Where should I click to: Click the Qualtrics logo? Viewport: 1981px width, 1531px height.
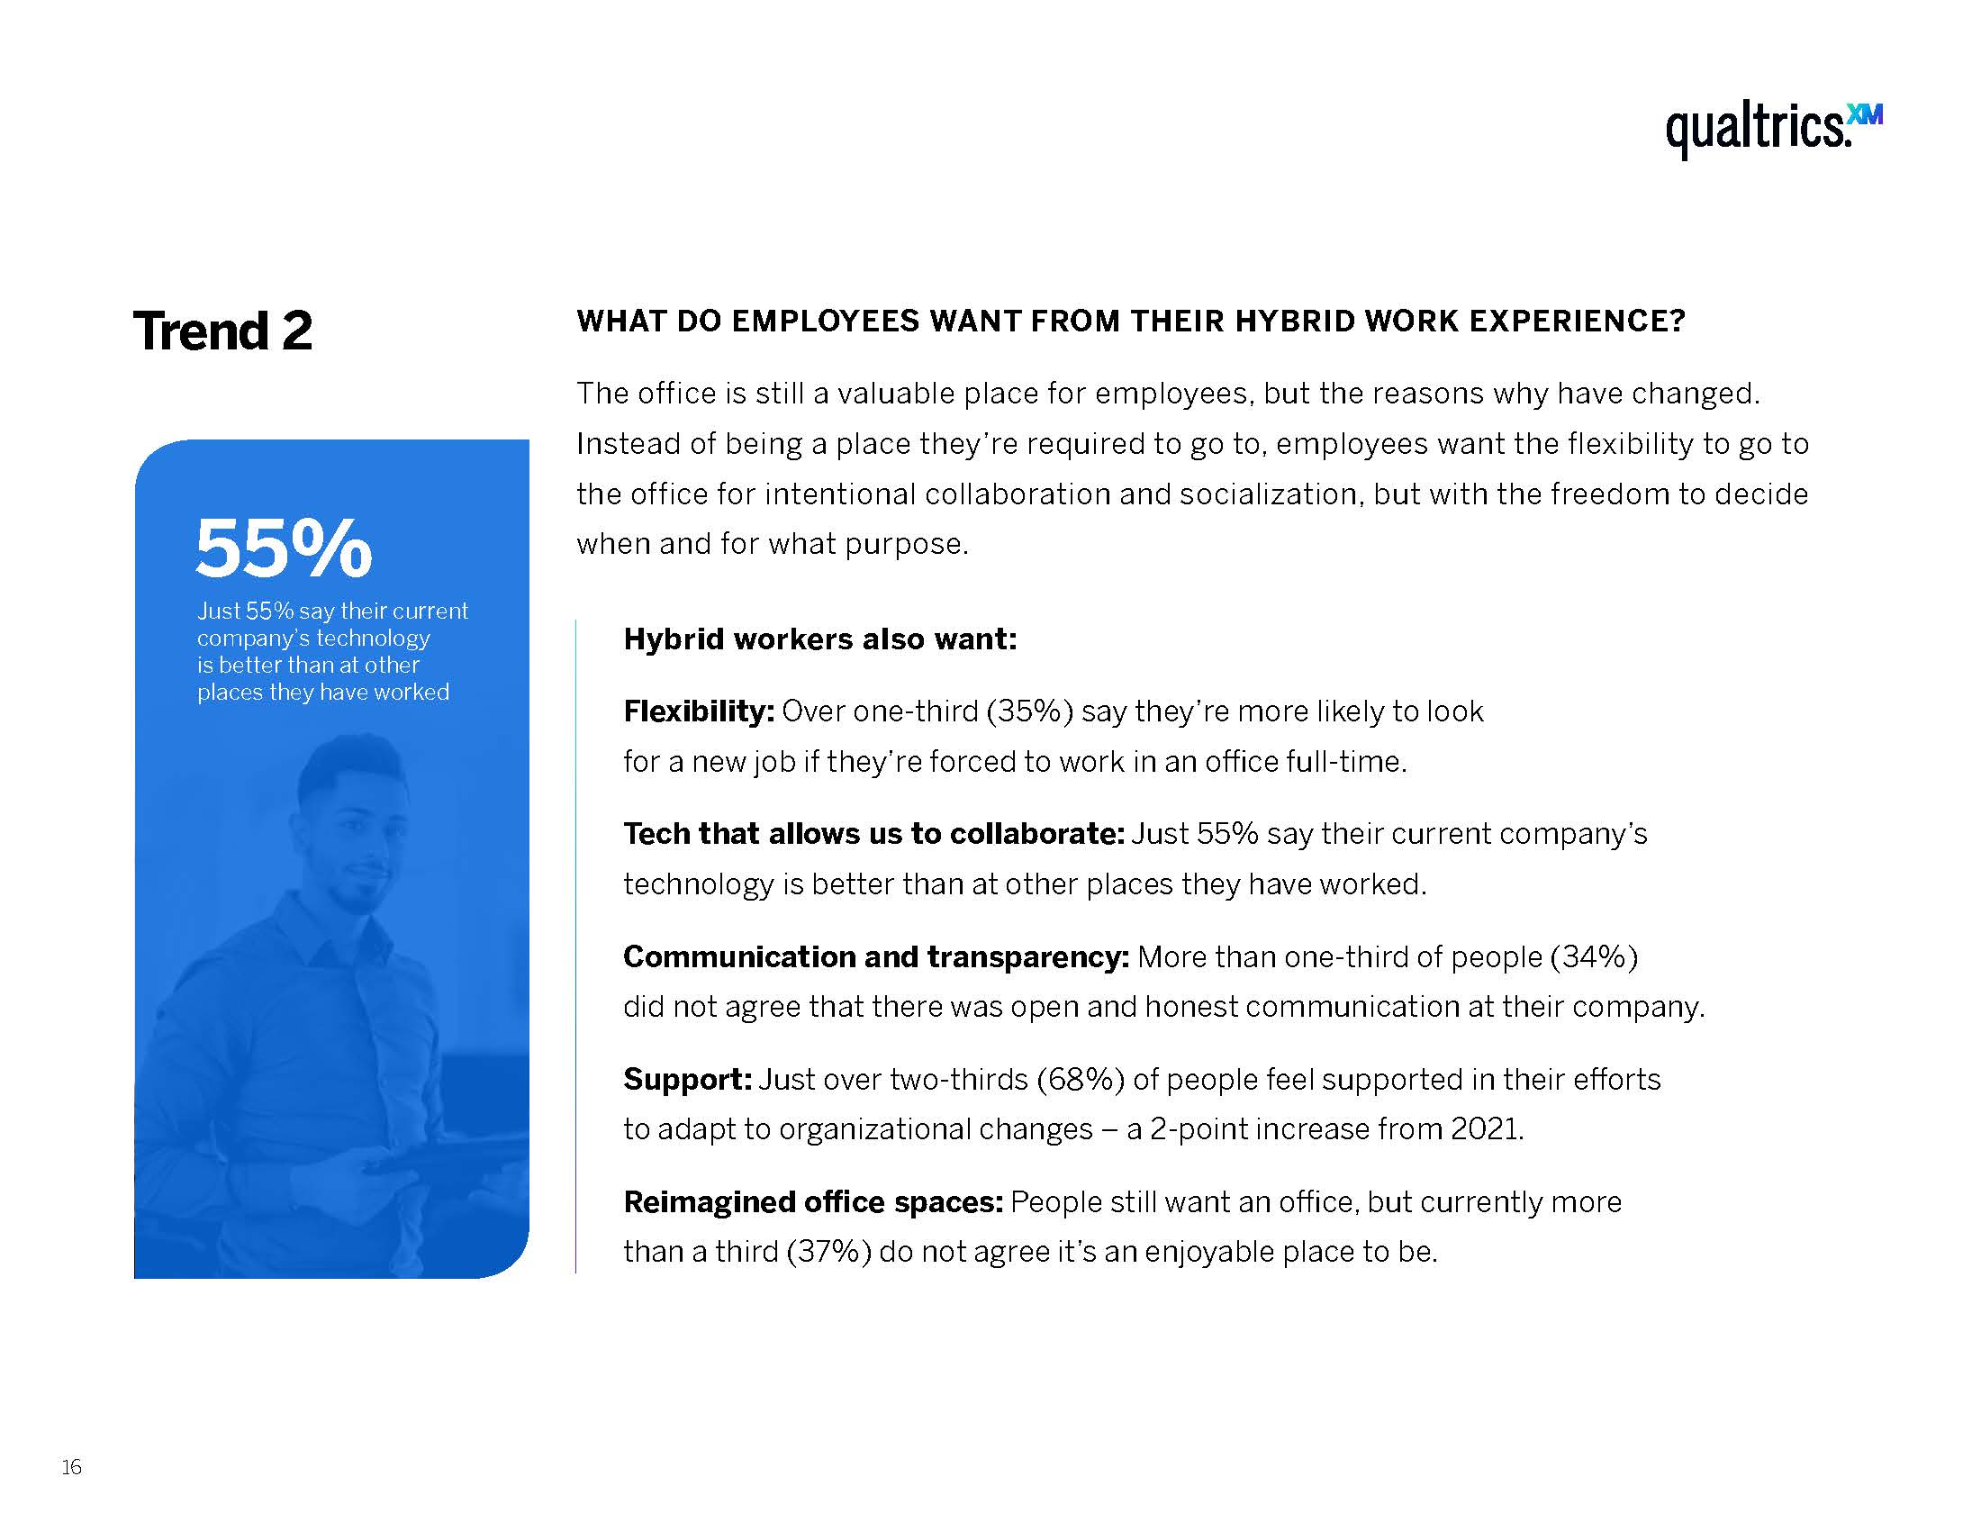pyautogui.click(x=1773, y=131)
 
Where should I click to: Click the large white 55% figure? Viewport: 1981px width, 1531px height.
pyautogui.click(x=284, y=548)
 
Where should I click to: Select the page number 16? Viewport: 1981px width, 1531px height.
pyautogui.click(x=72, y=1466)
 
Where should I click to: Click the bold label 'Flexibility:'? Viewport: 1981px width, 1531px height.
pyautogui.click(x=699, y=711)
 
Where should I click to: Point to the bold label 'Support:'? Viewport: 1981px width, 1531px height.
pyautogui.click(x=688, y=1079)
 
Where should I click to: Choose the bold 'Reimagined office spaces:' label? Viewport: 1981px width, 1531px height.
pyautogui.click(x=813, y=1201)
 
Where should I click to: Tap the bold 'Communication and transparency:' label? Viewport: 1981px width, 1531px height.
pyautogui.click(x=876, y=956)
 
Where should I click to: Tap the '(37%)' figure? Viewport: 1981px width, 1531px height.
pyautogui.click(x=829, y=1253)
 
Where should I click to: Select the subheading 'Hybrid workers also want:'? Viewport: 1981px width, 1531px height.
pyautogui.click(x=820, y=639)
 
